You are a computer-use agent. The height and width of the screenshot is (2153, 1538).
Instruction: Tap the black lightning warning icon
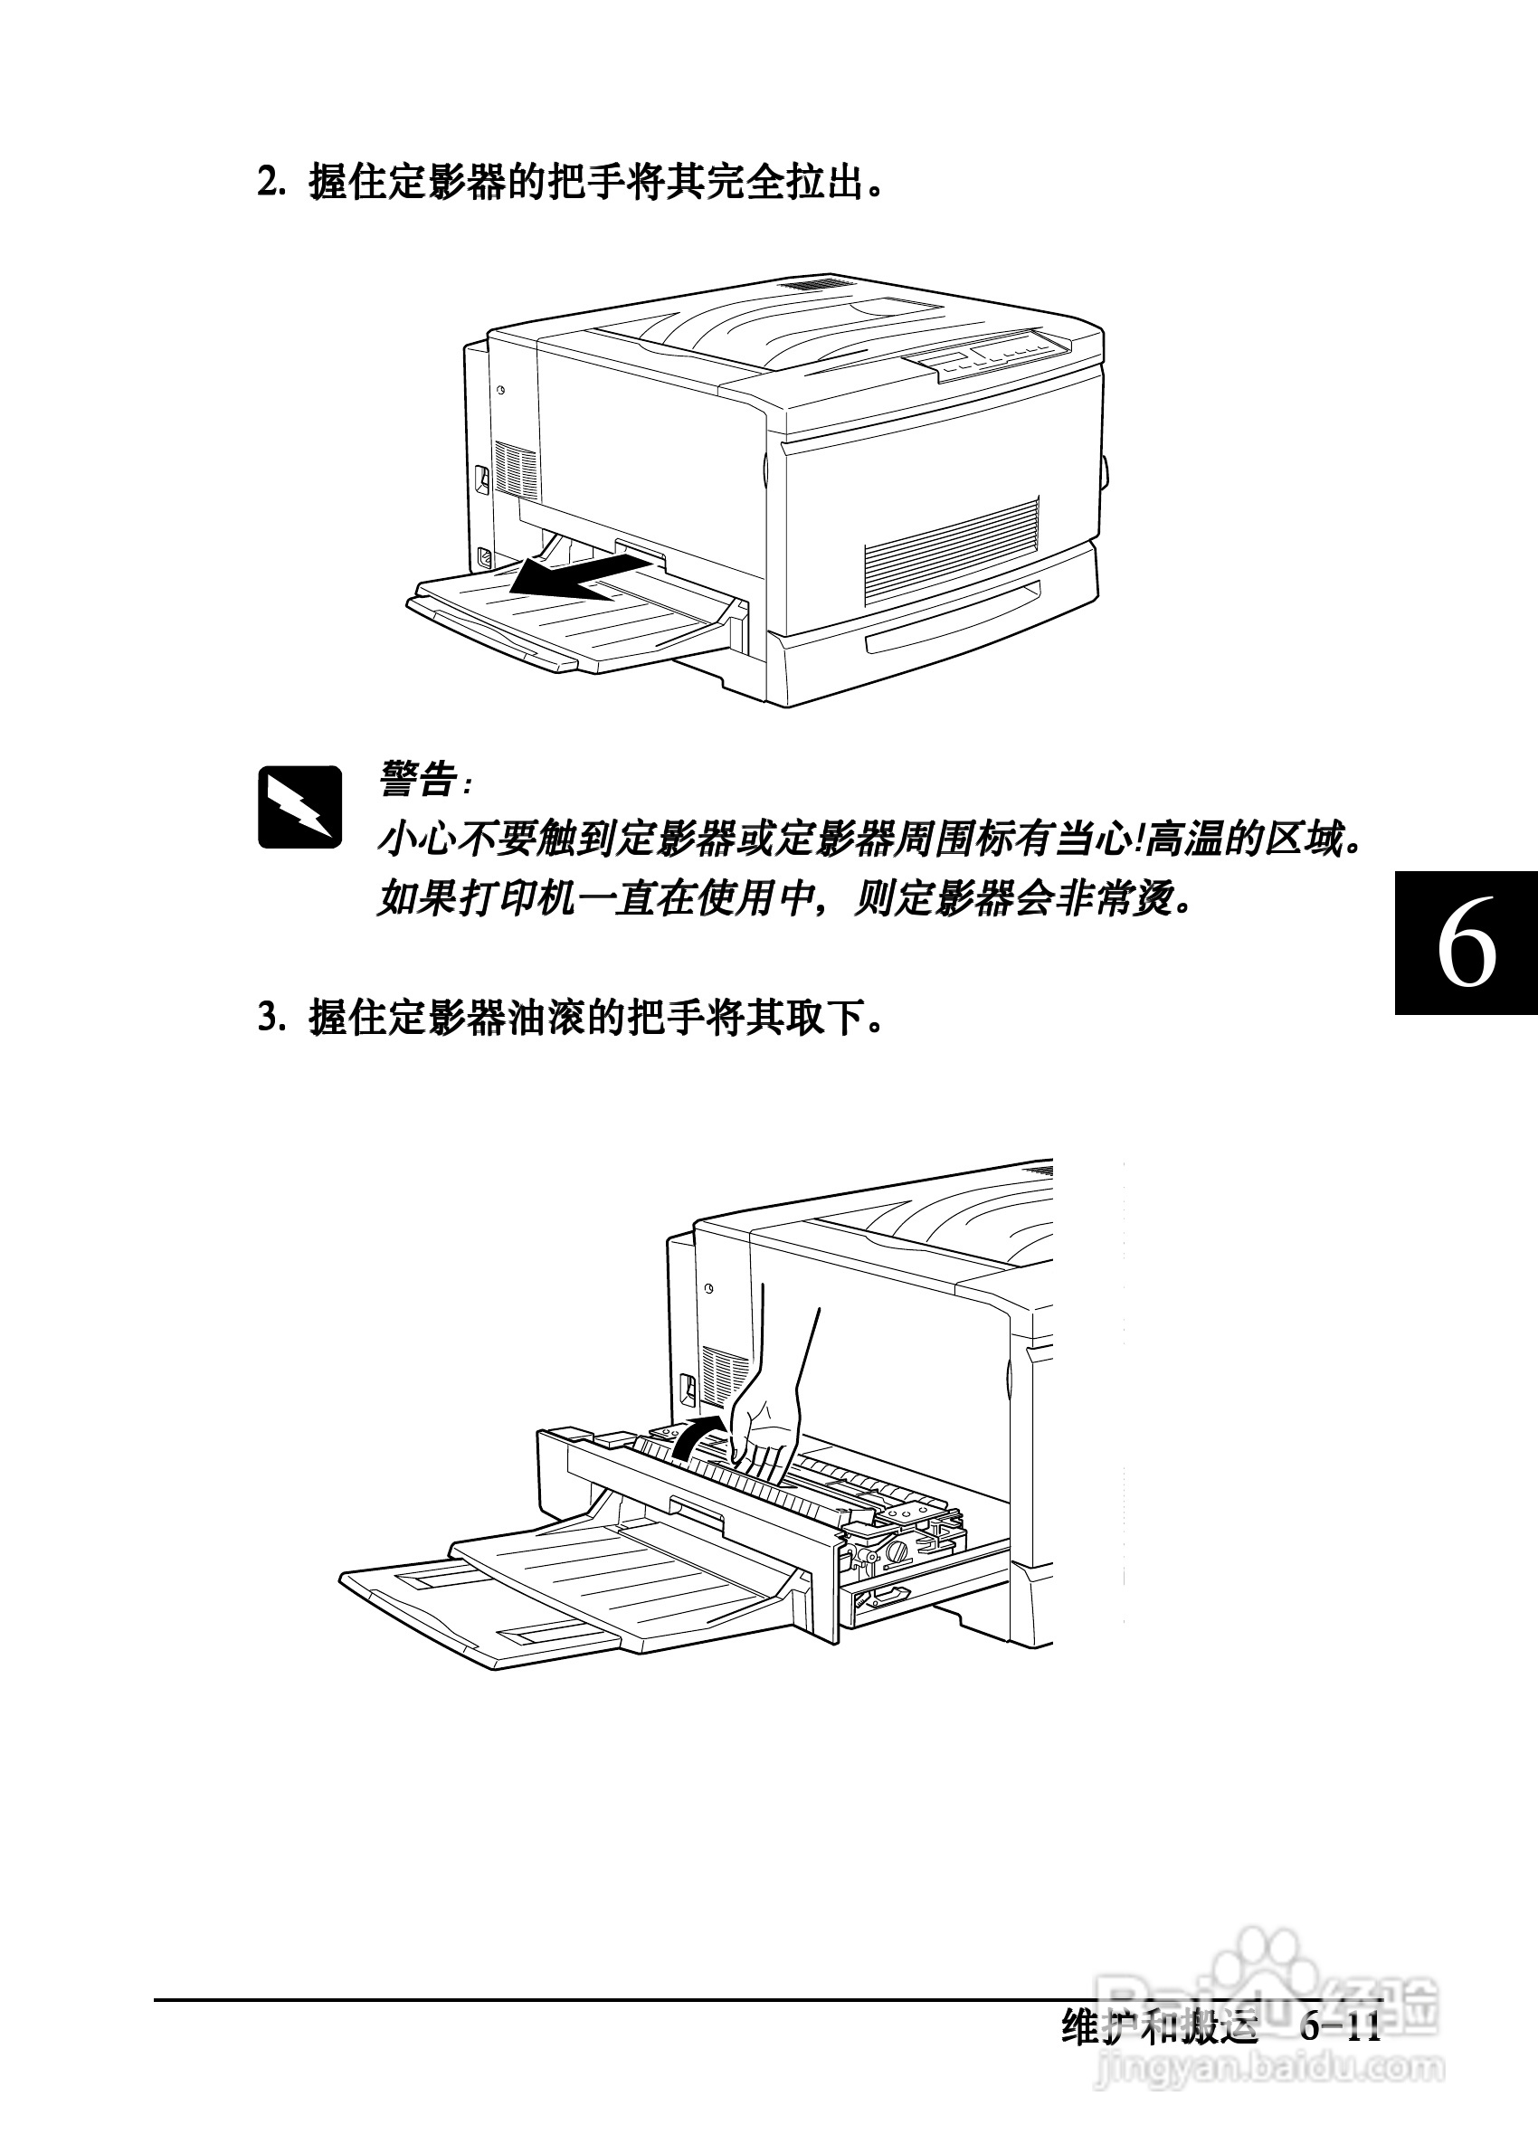(299, 807)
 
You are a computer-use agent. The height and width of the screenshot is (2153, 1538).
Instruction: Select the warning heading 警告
(418, 780)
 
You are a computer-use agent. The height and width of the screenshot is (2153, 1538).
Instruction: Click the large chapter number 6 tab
(1466, 943)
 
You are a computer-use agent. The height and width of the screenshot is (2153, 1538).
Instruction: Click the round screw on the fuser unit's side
(897, 1551)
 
